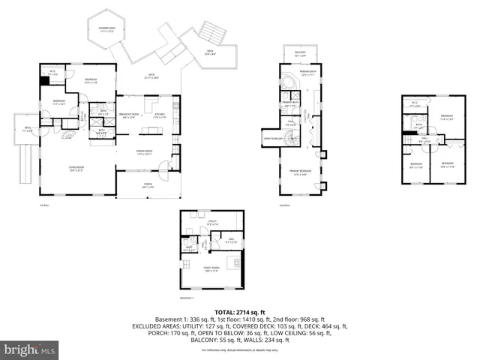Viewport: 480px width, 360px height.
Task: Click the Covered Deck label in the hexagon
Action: [x=106, y=31]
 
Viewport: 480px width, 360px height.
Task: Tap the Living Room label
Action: [x=76, y=169]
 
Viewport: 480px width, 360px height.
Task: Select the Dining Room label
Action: [x=144, y=154]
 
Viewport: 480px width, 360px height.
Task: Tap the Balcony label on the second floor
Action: [x=300, y=55]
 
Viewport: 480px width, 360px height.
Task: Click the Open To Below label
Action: [x=272, y=139]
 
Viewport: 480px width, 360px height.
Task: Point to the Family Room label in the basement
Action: [x=211, y=268]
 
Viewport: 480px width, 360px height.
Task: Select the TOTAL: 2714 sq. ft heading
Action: [x=240, y=311]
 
